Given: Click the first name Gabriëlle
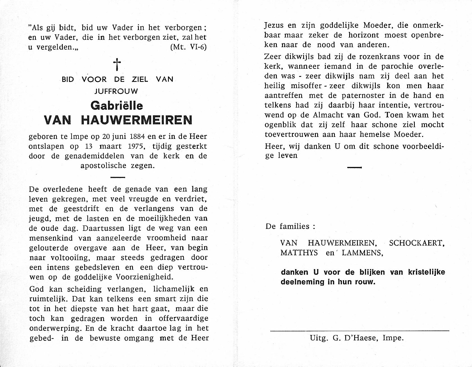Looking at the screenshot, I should (117, 106).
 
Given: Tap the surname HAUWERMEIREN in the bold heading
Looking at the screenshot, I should (137, 120).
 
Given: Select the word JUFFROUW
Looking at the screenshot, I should (117, 91).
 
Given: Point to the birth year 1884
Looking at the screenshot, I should (137, 137).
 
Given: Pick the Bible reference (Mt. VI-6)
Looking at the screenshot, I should (188, 47).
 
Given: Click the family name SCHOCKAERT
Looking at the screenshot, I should (416, 243).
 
